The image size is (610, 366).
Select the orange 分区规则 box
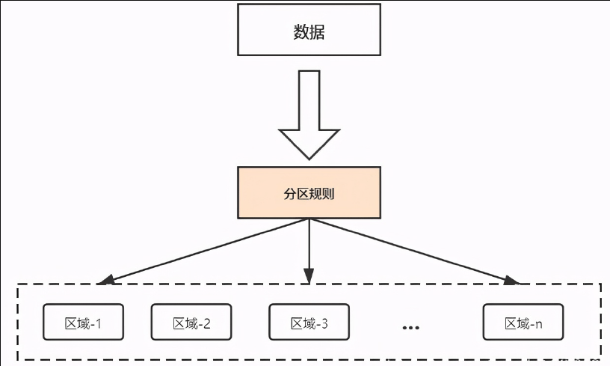click(309, 193)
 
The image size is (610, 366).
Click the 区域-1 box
click(83, 323)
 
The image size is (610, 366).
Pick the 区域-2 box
click(191, 323)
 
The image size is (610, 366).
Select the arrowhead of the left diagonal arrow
click(105, 281)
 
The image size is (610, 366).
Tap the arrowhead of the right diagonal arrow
click(512, 281)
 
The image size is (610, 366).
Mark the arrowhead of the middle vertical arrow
click(309, 279)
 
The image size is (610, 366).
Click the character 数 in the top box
click(300, 32)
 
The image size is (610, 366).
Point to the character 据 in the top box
click(318, 32)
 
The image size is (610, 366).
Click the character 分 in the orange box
click(291, 194)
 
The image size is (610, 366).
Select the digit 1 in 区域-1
click(98, 324)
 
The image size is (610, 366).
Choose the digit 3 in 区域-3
click(324, 324)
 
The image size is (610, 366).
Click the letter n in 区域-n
click(538, 325)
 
